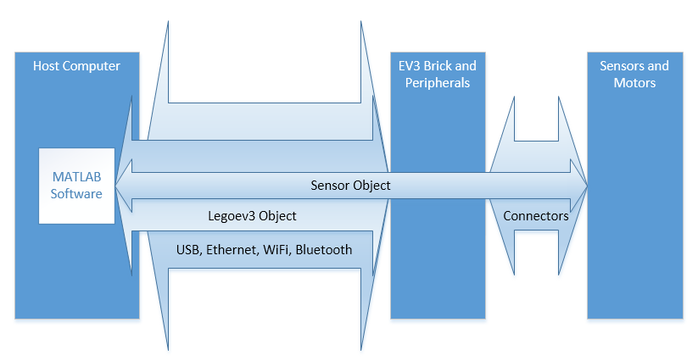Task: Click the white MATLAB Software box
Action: (x=76, y=186)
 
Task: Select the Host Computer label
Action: (x=76, y=66)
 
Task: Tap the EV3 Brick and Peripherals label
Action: (x=437, y=75)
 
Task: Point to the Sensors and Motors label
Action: (x=634, y=75)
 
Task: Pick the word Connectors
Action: (x=536, y=216)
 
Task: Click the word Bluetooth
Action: (x=322, y=249)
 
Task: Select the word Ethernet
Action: (x=233, y=249)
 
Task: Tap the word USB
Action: (x=188, y=249)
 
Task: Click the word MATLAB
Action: (x=76, y=177)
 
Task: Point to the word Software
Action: (x=76, y=194)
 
